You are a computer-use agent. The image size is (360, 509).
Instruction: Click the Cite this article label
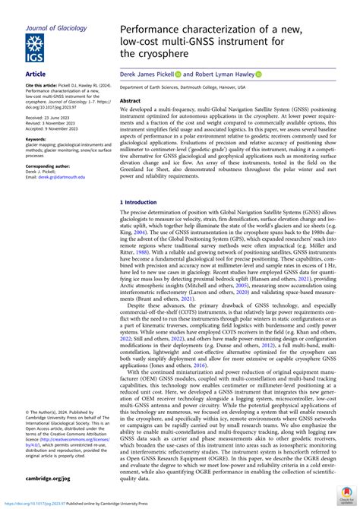pos(42,85)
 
